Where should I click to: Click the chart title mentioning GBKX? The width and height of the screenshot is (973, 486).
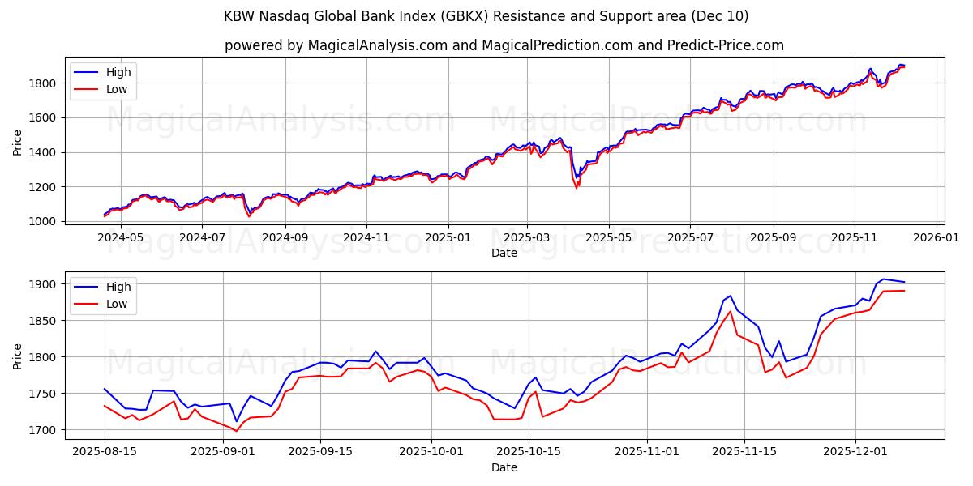point(486,16)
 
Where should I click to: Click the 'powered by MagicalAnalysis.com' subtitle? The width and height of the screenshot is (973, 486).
point(504,45)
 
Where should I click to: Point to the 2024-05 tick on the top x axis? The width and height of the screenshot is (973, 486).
point(120,238)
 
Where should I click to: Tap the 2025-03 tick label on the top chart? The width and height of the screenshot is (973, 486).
point(527,238)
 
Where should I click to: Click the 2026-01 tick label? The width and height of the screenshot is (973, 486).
point(937,238)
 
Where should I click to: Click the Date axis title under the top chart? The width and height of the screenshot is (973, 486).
point(504,253)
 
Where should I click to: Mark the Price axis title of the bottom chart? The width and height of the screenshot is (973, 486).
point(18,356)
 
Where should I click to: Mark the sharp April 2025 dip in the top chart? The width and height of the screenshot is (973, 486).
point(577,186)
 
